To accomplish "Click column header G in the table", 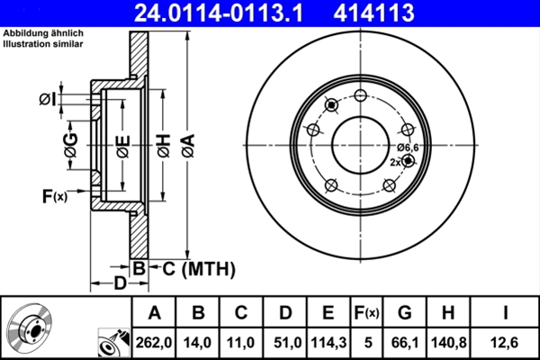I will point(404,313).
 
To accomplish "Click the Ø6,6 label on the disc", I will point(408,147).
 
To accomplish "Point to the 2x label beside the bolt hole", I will point(395,162).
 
